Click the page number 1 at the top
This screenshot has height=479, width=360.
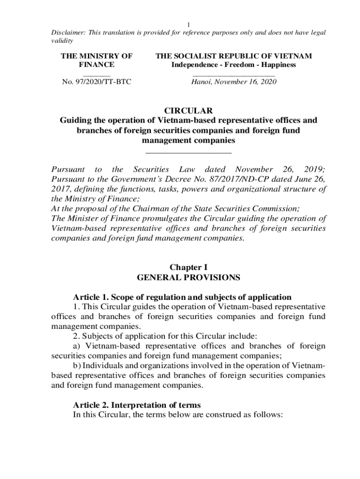[188, 24]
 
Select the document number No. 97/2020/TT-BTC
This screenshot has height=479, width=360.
[97, 82]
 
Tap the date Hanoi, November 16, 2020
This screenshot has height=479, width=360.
[234, 82]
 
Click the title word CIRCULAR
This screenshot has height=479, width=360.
[188, 110]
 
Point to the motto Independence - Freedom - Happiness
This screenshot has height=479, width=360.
[233, 65]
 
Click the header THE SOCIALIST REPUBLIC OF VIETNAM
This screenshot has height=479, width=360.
[234, 56]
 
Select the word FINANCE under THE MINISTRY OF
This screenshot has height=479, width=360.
[97, 65]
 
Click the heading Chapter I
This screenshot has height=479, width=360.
[188, 268]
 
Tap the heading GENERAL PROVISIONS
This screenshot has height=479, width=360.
[188, 277]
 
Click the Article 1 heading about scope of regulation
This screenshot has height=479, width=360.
[182, 297]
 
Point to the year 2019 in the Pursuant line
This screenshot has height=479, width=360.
[315, 169]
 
